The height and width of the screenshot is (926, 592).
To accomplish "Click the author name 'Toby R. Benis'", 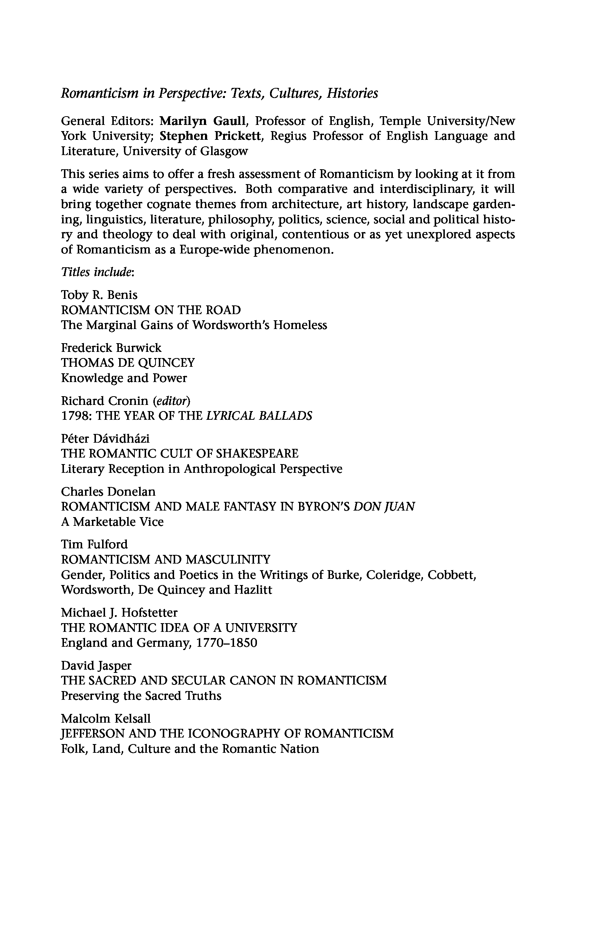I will tap(99, 295).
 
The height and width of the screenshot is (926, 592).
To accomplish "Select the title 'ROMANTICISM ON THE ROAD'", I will tap(151, 310).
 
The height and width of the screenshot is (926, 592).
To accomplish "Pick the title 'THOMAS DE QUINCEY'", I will tap(128, 363).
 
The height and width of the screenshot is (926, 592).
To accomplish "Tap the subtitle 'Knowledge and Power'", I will tap(124, 378).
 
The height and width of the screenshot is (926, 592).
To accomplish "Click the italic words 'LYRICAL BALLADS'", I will tap(259, 416).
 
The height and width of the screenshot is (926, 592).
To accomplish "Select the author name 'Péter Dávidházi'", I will tap(105, 439).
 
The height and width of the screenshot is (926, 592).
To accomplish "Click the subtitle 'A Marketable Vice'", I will tap(112, 522).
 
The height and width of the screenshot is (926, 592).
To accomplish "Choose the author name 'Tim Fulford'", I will tap(94, 545).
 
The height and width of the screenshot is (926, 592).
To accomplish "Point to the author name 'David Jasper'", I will tap(96, 666).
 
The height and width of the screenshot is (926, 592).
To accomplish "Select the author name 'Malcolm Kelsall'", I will tap(106, 718).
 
